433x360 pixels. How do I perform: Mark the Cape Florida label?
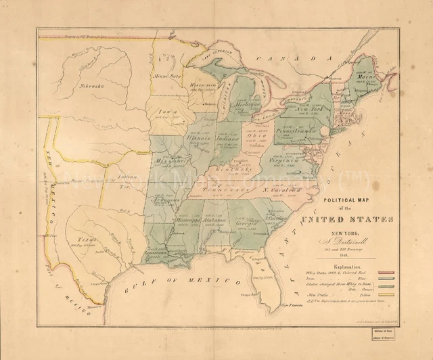coord(292,307)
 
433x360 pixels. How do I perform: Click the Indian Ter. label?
coord(127,180)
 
